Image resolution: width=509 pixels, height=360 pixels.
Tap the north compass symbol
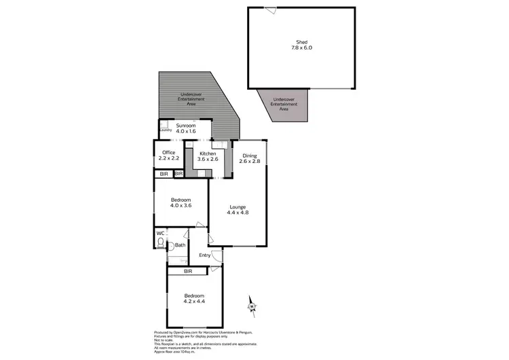(x=252, y=308)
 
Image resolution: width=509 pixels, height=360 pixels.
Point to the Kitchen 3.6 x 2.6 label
(x=207, y=156)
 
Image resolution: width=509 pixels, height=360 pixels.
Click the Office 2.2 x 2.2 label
(x=168, y=156)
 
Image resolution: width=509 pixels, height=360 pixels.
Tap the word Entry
(x=204, y=255)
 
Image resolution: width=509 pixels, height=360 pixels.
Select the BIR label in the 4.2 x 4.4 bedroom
(x=187, y=271)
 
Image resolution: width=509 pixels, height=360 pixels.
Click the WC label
(x=160, y=234)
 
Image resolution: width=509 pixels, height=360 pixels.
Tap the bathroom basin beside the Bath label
(x=171, y=246)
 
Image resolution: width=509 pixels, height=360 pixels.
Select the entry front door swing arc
(x=216, y=256)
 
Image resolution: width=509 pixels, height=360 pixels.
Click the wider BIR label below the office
(x=163, y=175)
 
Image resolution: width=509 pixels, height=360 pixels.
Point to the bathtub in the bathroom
(x=178, y=261)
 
